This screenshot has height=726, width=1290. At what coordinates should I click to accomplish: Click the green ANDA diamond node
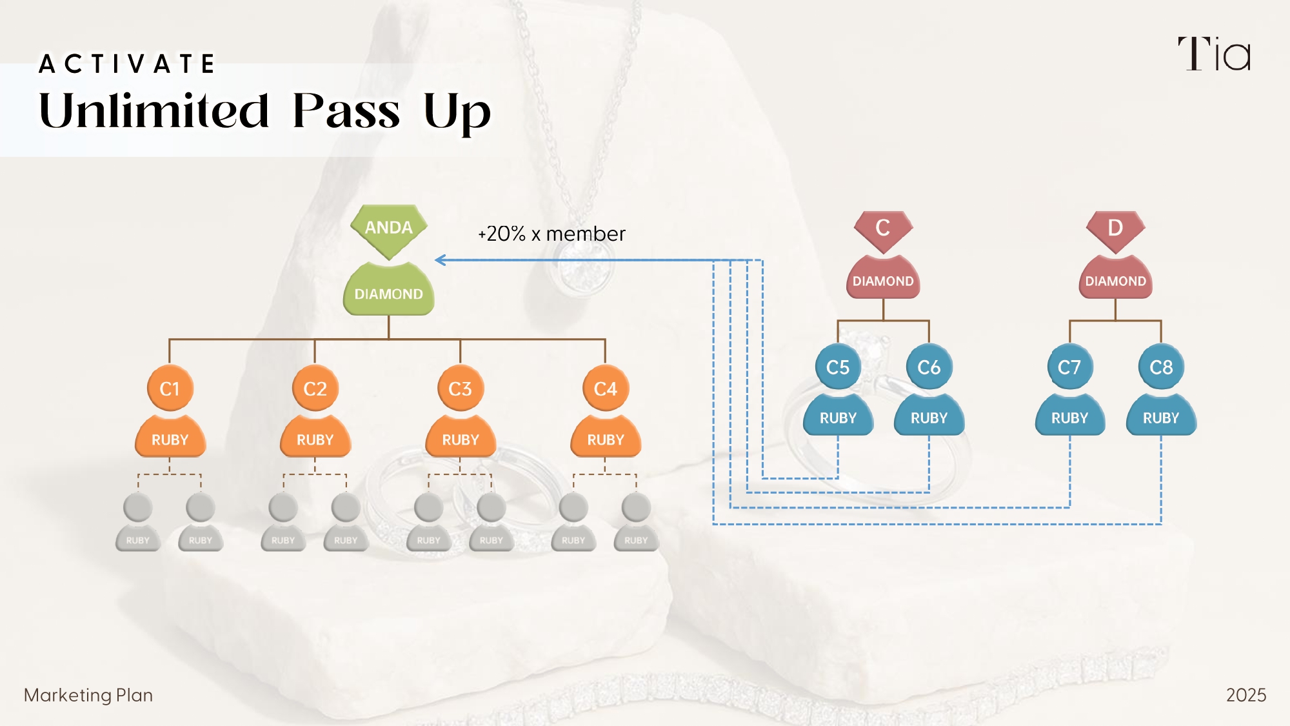(389, 228)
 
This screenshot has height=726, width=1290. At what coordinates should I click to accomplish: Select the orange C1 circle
(170, 388)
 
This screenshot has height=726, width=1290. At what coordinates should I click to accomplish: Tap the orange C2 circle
(315, 388)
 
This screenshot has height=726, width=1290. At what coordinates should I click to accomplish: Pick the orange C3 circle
(460, 388)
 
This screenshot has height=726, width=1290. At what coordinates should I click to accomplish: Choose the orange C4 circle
(605, 388)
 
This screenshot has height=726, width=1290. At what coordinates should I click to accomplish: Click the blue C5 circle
(838, 367)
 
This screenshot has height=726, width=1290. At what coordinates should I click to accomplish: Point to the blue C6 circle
(929, 367)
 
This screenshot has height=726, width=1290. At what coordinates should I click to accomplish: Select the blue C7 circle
(1069, 367)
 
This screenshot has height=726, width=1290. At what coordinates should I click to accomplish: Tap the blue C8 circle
(1161, 367)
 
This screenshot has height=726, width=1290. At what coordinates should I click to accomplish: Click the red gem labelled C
(883, 228)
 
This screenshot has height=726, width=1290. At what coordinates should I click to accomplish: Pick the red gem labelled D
(1115, 228)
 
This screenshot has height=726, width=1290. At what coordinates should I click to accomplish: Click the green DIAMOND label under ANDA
(389, 294)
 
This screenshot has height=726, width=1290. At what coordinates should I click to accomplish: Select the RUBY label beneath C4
(606, 440)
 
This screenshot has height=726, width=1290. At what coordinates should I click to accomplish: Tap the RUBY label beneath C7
(1069, 418)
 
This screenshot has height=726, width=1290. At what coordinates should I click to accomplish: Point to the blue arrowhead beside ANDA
(441, 260)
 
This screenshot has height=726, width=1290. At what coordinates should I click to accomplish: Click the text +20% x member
(551, 234)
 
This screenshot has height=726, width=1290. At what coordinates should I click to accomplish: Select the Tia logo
(1215, 54)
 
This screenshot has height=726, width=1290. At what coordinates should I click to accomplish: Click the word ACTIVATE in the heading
(127, 64)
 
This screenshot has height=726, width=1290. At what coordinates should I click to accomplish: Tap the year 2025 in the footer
(1245, 695)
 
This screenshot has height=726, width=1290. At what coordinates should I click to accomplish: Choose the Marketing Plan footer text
(88, 695)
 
